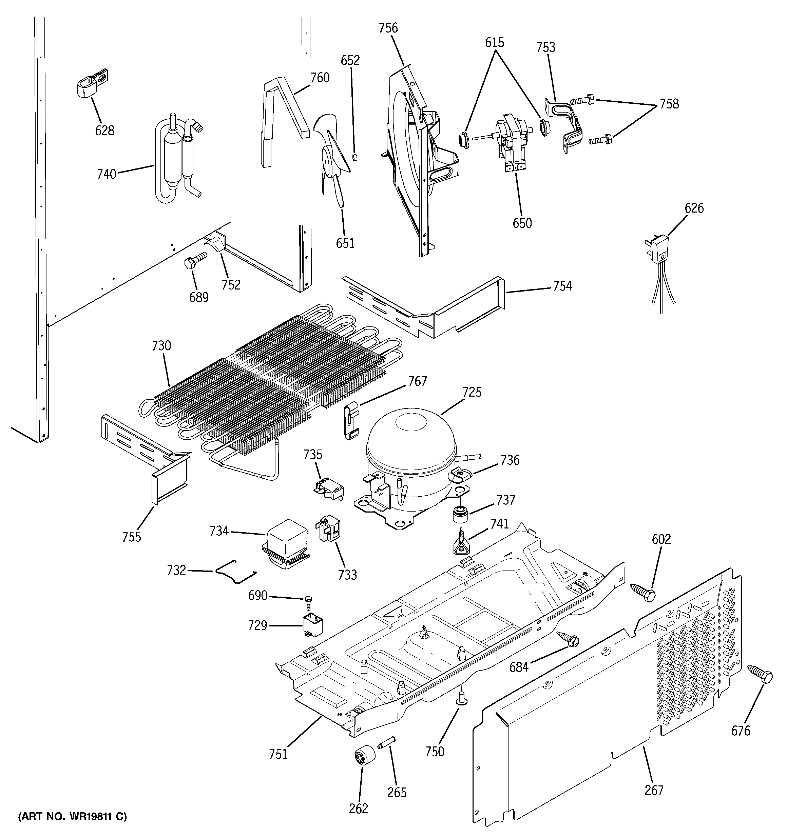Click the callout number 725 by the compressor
click(472, 392)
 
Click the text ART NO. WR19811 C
click(72, 817)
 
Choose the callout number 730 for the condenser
click(161, 346)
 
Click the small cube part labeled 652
click(355, 157)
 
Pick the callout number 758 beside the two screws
click(669, 103)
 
